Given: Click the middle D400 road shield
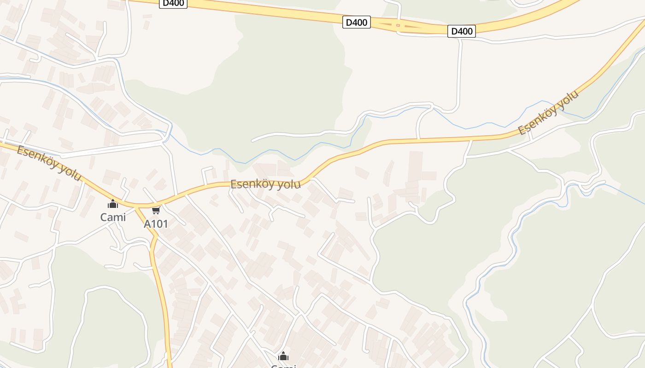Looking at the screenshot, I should click(x=357, y=22).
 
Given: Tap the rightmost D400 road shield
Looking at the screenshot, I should click(x=462, y=31).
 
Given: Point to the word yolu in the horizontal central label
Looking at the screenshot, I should click(x=288, y=184).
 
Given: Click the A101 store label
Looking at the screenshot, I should click(x=156, y=224).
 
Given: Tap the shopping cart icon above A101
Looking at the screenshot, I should click(x=156, y=210).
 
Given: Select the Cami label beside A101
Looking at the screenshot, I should click(x=113, y=217).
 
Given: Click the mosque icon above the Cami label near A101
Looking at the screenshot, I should click(x=113, y=204).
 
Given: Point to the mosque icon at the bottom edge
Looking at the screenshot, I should click(x=283, y=356).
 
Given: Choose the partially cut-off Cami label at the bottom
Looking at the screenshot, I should click(x=283, y=366).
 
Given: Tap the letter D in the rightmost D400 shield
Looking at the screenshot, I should click(x=454, y=31).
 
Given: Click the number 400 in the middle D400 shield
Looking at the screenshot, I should click(x=360, y=22).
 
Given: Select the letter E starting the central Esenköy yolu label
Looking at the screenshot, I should click(x=234, y=184).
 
